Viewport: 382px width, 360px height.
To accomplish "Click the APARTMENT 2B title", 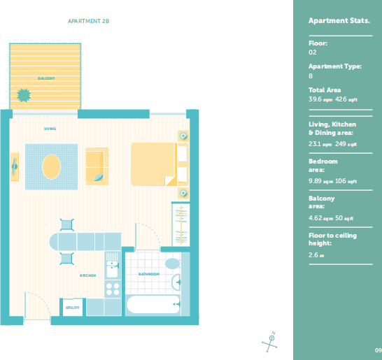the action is click(x=88, y=21).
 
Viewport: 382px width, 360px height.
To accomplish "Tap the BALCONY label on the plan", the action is click(x=46, y=78).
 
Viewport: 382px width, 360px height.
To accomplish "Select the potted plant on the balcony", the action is click(x=24, y=95).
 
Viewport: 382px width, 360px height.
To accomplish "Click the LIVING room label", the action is click(x=50, y=129).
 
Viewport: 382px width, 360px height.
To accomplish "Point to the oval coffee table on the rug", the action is click(x=51, y=167).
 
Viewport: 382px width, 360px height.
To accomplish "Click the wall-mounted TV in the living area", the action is click(x=15, y=167).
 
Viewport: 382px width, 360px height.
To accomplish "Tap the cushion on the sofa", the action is click(x=99, y=178).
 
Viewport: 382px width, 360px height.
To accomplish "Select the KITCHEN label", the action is click(x=88, y=275).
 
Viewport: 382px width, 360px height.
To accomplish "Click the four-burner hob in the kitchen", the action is click(x=113, y=289).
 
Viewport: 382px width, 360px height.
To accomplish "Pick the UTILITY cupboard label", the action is click(x=73, y=308).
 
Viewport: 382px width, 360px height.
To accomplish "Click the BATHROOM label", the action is click(x=149, y=274).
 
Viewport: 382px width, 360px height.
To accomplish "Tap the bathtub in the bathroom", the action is click(x=153, y=304).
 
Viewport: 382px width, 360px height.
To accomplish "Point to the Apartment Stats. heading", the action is click(x=339, y=21).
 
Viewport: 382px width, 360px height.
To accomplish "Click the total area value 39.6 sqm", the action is click(x=320, y=99).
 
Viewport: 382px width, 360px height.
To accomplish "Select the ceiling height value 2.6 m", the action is click(x=316, y=255).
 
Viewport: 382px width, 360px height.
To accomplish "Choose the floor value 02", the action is click(x=313, y=52).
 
